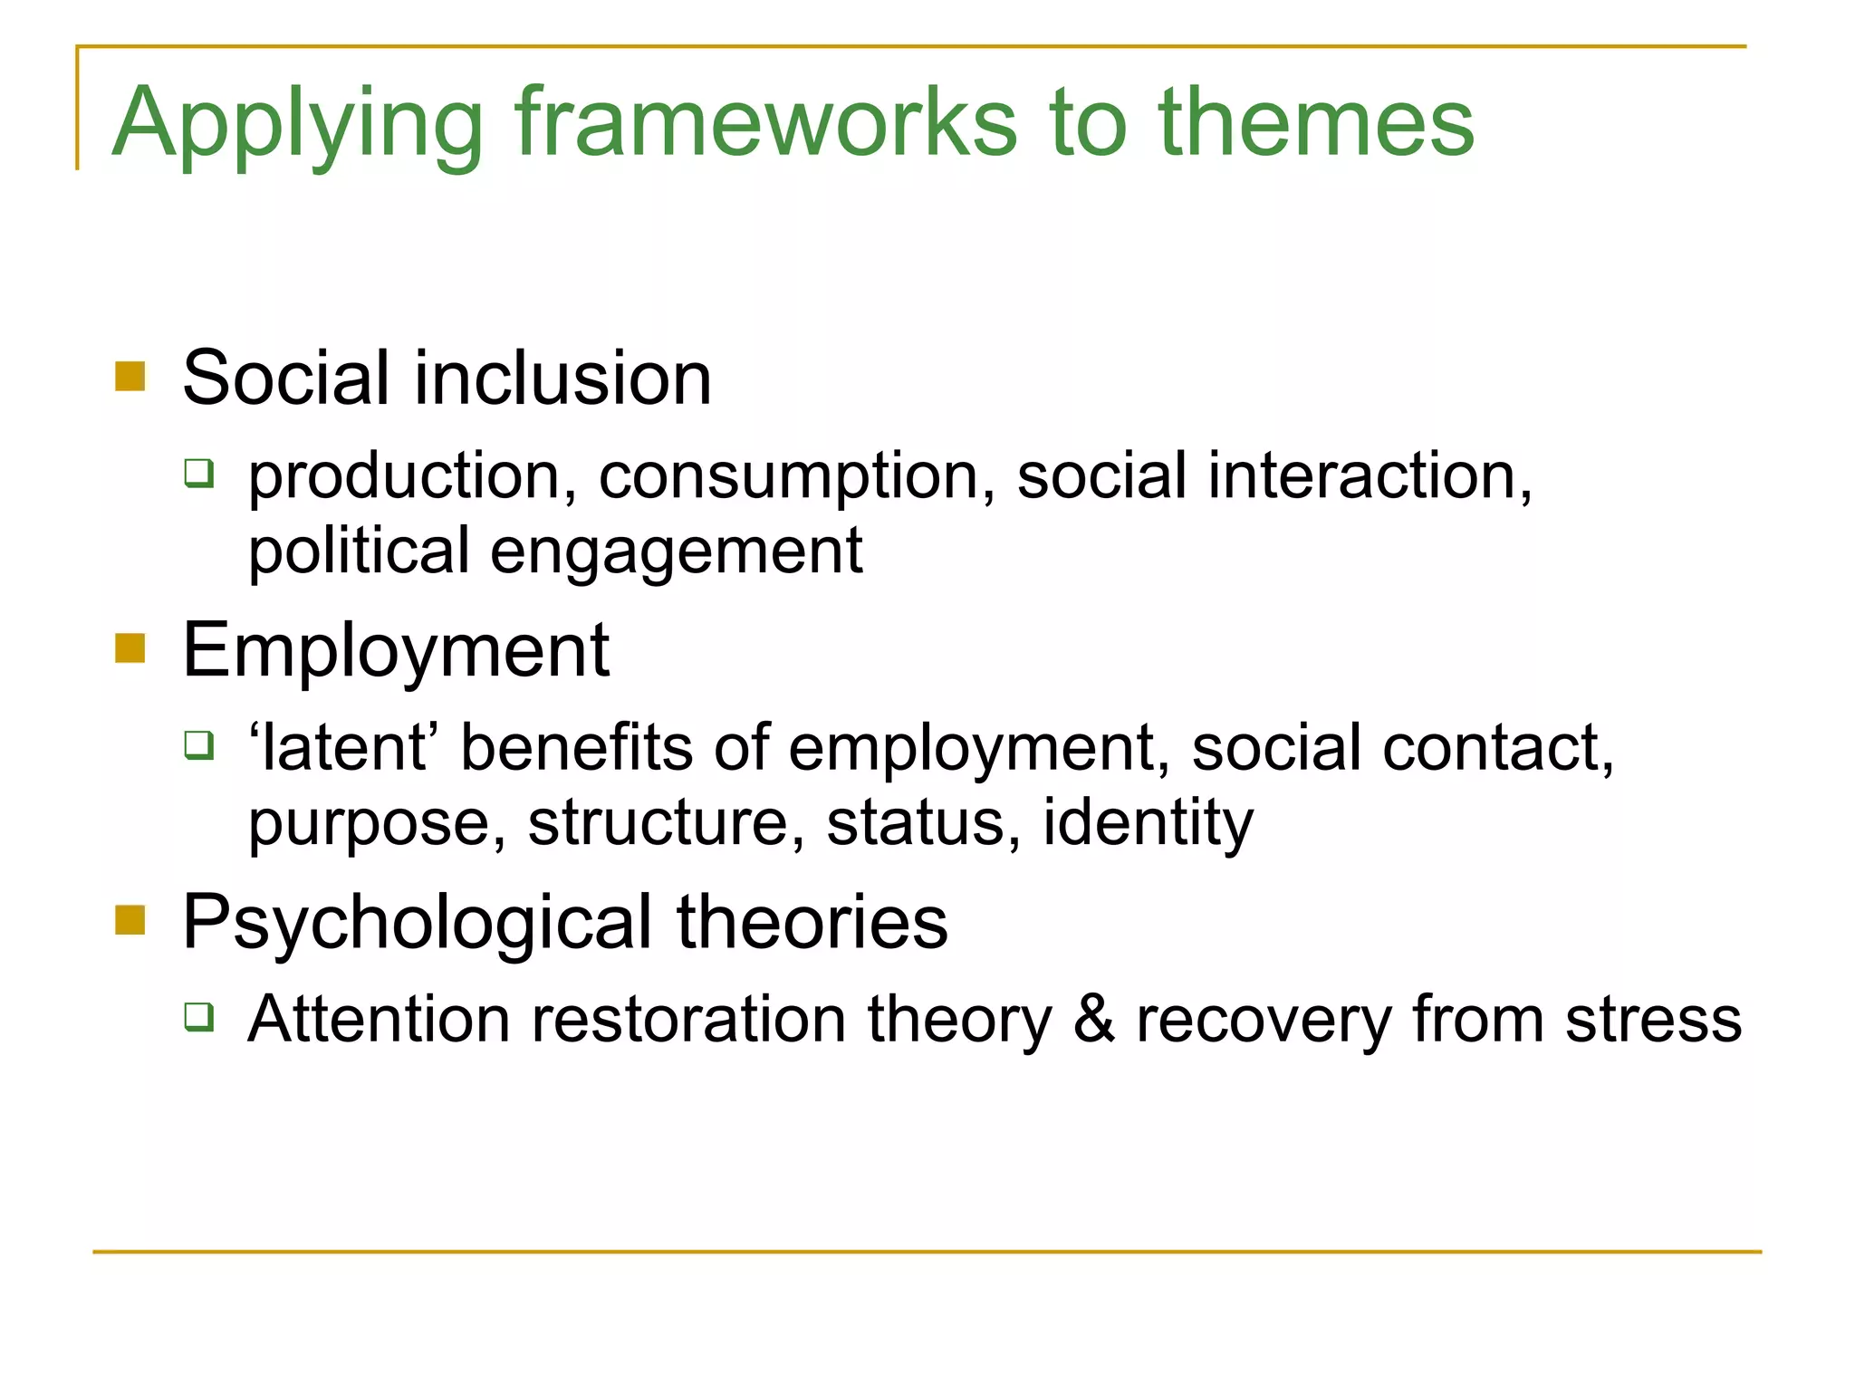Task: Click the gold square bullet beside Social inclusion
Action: pos(130,376)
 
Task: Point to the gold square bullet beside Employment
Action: pos(130,648)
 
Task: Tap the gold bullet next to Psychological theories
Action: pos(130,919)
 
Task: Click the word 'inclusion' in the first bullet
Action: pos(562,378)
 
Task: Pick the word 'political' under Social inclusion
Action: pos(359,552)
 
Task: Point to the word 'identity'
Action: pos(1148,824)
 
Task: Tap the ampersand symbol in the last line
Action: pos(1094,1019)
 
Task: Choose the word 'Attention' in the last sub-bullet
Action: pos(379,1020)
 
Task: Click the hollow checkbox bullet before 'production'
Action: pos(199,473)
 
